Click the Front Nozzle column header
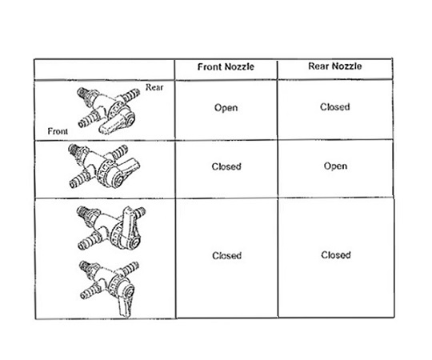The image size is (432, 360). [x=226, y=67]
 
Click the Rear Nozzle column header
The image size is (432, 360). [x=334, y=66]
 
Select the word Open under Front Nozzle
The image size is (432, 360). [x=226, y=108]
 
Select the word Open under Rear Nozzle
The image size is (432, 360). [x=335, y=166]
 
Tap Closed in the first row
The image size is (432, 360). [x=334, y=107]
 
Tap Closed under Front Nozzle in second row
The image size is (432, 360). [x=226, y=166]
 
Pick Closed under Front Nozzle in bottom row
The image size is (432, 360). [x=226, y=256]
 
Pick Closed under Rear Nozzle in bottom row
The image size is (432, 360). [x=335, y=255]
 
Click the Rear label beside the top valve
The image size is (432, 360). [x=154, y=87]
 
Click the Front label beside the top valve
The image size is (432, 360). [x=58, y=131]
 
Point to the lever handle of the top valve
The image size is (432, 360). [x=113, y=125]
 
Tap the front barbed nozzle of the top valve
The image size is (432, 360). [x=88, y=119]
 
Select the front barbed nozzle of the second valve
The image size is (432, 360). [x=79, y=179]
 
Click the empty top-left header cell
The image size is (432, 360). [x=105, y=69]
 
